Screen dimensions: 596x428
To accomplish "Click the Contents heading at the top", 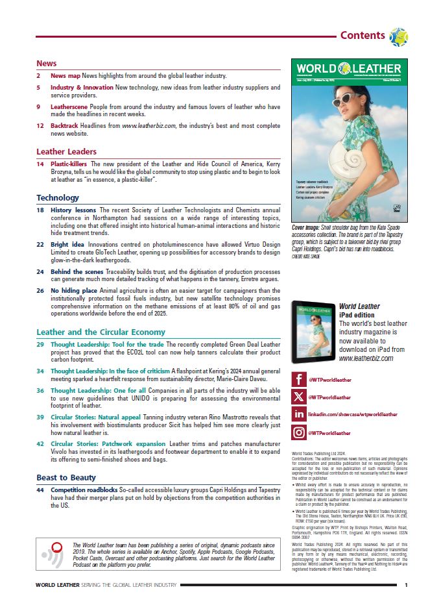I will click(x=362, y=35).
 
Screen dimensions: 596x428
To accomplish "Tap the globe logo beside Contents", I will click(x=398, y=36).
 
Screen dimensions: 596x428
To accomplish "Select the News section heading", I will click(x=47, y=64).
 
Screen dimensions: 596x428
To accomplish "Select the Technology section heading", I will click(x=58, y=197).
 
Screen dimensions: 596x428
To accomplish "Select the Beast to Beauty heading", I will click(x=67, y=477).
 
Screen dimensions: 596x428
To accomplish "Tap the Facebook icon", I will click(x=299, y=379).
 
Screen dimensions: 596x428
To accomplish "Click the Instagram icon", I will click(x=299, y=432).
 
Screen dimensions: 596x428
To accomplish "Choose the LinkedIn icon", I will click(x=299, y=414).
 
